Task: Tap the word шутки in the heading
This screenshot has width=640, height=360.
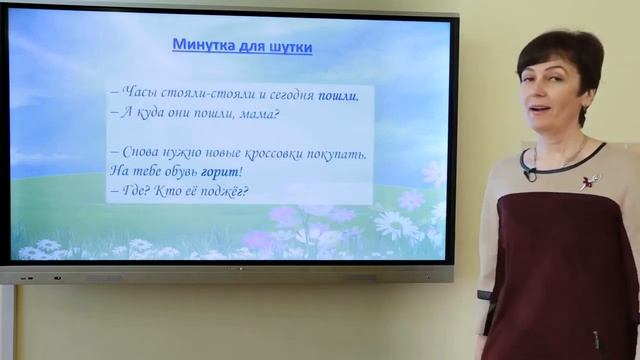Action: [287, 45]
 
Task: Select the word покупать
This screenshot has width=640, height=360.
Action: [339, 154]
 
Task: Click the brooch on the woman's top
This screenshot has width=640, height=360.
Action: [591, 181]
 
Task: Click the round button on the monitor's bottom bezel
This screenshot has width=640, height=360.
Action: [57, 276]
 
